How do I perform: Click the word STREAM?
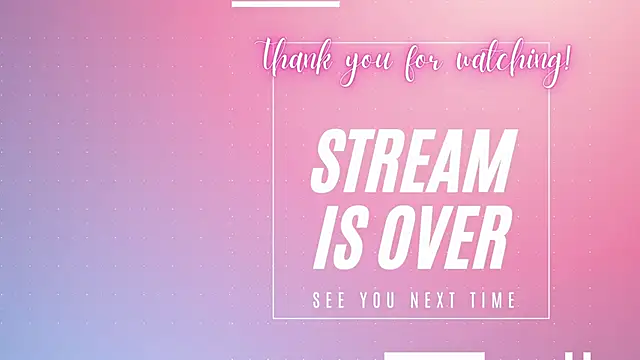[x=413, y=162]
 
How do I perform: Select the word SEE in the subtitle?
[x=329, y=300]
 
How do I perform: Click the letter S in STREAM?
[x=329, y=162]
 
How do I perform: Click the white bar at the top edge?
[x=285, y=3]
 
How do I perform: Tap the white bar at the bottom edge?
[x=435, y=355]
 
